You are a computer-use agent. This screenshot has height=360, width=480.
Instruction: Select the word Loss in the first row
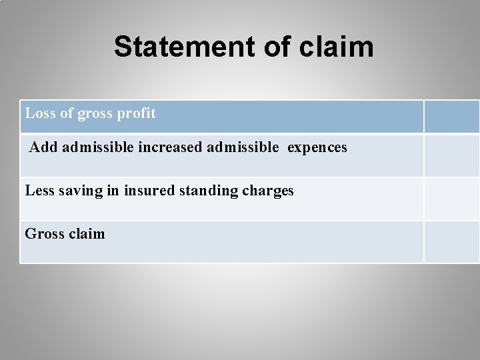click(x=39, y=113)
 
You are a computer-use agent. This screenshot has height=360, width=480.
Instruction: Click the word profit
click(x=137, y=113)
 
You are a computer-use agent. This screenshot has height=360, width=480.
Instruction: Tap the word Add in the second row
click(x=44, y=147)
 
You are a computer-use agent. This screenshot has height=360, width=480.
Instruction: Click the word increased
click(x=171, y=147)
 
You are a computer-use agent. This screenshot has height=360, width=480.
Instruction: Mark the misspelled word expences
click(x=317, y=147)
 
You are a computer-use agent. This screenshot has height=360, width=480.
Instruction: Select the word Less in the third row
click(x=39, y=191)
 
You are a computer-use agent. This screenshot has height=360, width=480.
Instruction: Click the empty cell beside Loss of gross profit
click(x=451, y=117)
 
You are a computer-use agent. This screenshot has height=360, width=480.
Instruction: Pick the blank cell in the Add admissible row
click(x=451, y=155)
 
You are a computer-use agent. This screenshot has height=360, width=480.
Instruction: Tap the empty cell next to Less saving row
click(x=451, y=199)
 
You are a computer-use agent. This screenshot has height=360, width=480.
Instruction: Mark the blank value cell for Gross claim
click(x=451, y=241)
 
